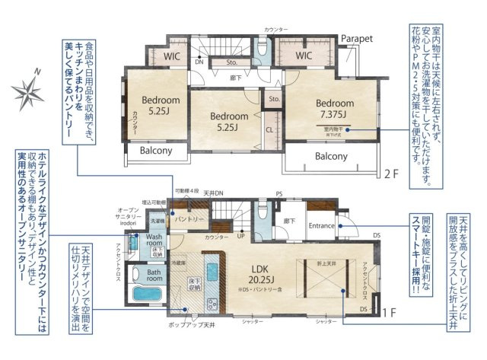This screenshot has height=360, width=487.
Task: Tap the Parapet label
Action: tap(356, 37)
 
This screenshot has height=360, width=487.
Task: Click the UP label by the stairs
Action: tap(241, 237)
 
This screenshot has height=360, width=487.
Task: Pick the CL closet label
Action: tap(269, 129)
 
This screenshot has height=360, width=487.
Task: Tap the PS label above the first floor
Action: tap(279, 194)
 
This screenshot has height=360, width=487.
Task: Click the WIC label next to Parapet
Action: tap(304, 56)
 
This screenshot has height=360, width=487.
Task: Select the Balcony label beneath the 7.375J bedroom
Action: tap(331, 156)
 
